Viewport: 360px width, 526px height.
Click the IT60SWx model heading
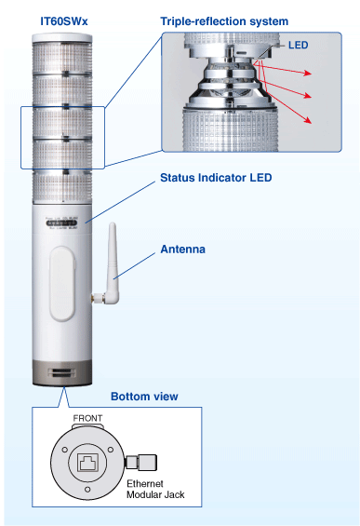63,20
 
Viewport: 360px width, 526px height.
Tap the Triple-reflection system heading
224,20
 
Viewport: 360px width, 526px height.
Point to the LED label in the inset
298,44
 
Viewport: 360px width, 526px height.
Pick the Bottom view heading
144,397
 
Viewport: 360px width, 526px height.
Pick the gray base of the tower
63,374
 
